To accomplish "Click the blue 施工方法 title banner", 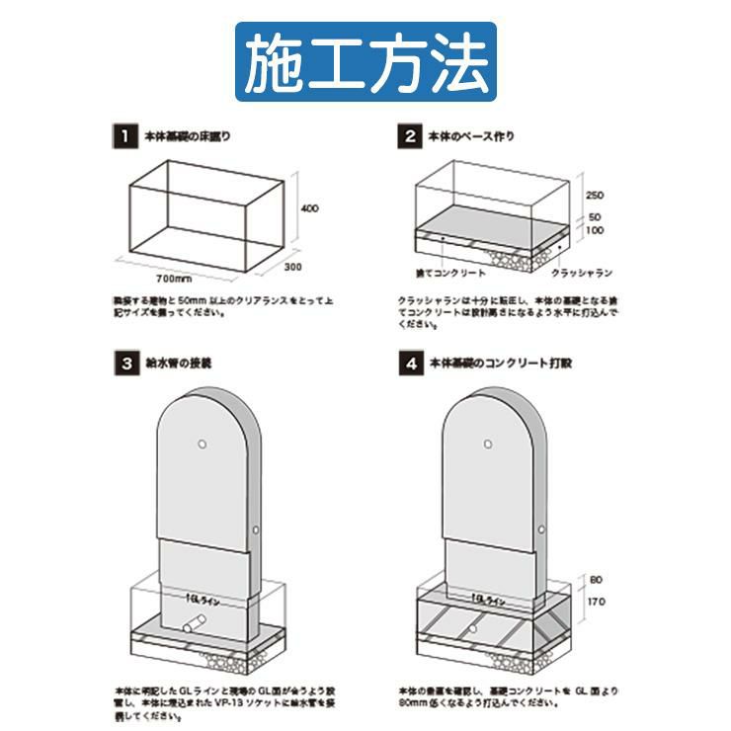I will [x=365, y=61].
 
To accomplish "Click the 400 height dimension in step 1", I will [x=310, y=208].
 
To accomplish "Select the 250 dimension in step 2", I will [x=594, y=195].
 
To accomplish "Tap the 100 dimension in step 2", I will [x=594, y=230].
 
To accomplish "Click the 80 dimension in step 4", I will [x=594, y=579].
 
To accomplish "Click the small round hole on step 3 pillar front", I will [x=202, y=444].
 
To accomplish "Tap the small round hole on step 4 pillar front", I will [x=489, y=444].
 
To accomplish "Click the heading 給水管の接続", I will [x=179, y=363].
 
